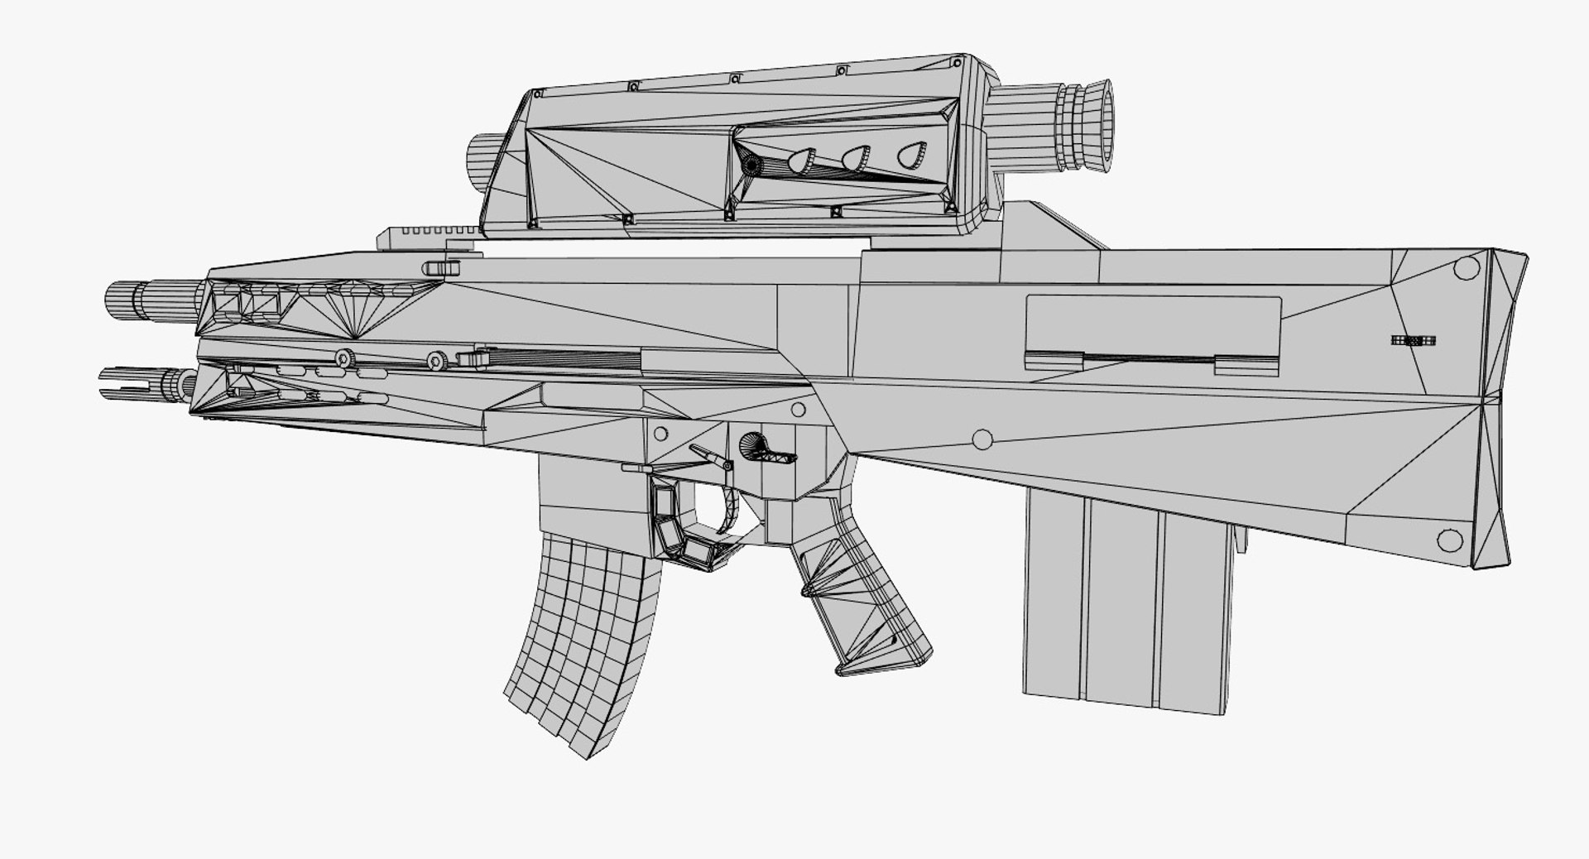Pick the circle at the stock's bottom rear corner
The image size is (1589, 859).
pos(1449,540)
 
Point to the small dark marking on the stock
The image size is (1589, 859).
pos(1413,340)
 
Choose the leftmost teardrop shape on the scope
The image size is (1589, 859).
pos(801,161)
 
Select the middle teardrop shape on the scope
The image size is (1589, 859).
pos(856,157)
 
